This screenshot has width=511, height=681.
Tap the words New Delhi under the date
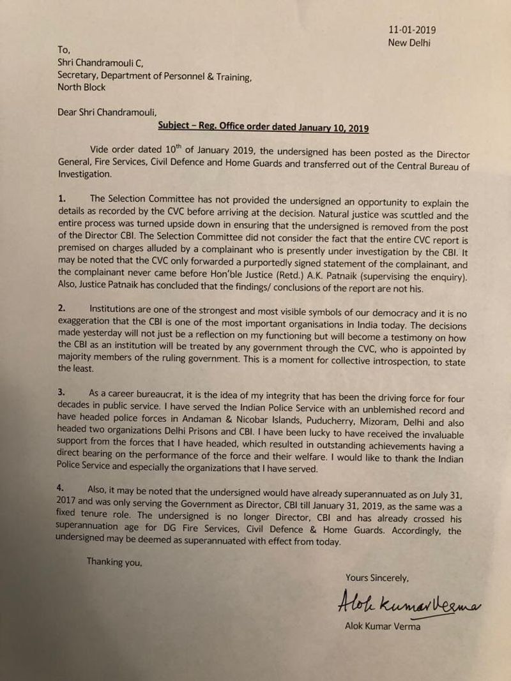coord(409,43)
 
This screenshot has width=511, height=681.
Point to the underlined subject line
coord(264,128)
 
